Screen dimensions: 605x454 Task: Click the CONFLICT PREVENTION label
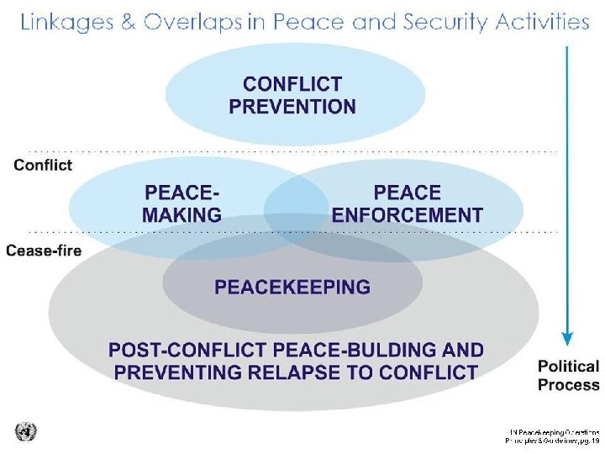click(292, 95)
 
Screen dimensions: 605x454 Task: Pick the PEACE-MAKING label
click(182, 203)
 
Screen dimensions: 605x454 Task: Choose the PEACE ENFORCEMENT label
click(408, 203)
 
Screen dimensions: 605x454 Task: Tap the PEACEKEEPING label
click(292, 288)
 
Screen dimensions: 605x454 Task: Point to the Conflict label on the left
click(43, 165)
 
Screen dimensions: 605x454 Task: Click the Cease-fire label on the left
click(44, 250)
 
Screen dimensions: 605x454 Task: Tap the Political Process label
click(569, 376)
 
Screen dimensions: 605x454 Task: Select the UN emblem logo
click(26, 431)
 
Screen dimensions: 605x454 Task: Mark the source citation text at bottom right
click(551, 434)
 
